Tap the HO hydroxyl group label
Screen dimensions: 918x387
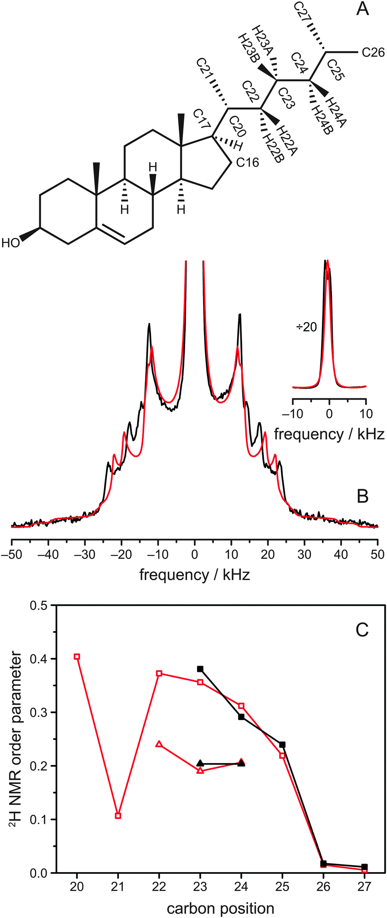click(11, 243)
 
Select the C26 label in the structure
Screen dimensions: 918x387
click(373, 53)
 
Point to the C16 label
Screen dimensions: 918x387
click(248, 163)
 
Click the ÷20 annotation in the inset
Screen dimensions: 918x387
click(307, 327)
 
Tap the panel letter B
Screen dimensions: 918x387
click(362, 497)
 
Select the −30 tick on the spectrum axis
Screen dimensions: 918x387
click(85, 555)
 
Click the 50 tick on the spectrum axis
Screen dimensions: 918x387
click(377, 555)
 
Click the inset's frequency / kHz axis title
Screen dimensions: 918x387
click(329, 434)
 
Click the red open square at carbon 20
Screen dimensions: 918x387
click(77, 656)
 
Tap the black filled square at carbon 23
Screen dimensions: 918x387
click(200, 669)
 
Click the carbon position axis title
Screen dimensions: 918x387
click(220, 909)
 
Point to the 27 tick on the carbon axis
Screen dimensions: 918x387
click(364, 887)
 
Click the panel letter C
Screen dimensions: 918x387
click(362, 630)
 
